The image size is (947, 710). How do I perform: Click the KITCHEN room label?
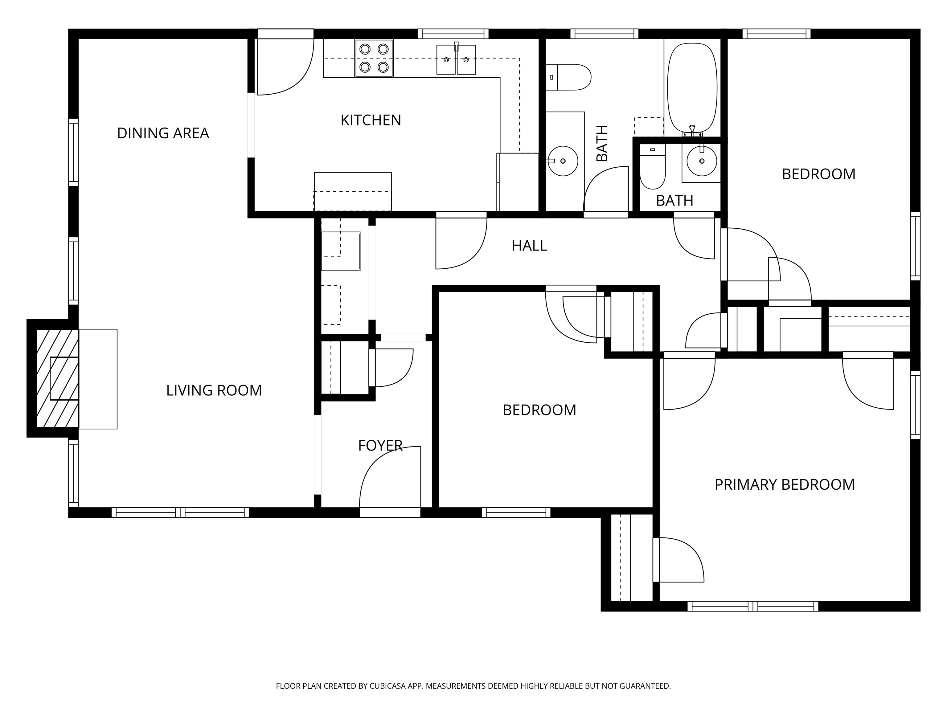tap(371, 120)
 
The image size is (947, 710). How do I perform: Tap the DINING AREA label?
tap(163, 133)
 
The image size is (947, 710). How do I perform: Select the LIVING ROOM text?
tap(214, 390)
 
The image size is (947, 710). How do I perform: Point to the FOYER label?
tap(380, 446)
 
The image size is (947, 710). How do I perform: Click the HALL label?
tap(529, 246)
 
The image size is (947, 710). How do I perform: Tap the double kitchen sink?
tap(456, 59)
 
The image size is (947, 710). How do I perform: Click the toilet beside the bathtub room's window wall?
tap(568, 77)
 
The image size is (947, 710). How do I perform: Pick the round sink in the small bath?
tap(702, 161)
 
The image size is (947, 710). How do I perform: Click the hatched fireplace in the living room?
tap(57, 378)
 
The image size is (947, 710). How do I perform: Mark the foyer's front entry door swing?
tap(390, 477)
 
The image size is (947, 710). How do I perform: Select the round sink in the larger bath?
tap(563, 161)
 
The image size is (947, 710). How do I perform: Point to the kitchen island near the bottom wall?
tap(353, 191)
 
